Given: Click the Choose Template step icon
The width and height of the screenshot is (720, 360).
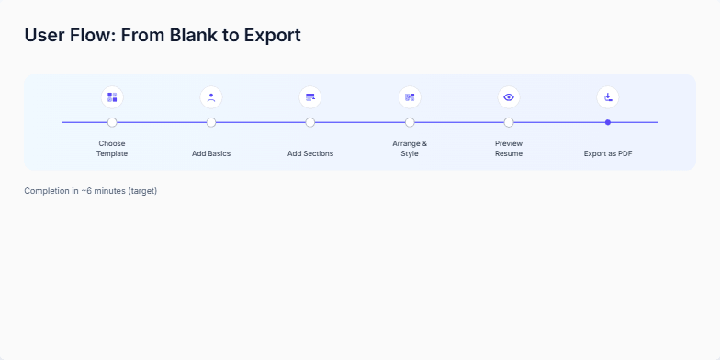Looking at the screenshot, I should click(112, 96).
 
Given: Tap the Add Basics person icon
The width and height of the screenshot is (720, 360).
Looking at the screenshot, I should click(211, 96).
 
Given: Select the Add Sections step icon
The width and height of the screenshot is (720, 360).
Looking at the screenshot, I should click(310, 96).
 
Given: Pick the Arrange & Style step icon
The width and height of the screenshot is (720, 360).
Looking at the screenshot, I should click(410, 96).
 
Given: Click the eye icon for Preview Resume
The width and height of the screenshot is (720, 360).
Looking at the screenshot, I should click(509, 96).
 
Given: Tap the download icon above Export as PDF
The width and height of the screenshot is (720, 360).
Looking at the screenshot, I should click(608, 96).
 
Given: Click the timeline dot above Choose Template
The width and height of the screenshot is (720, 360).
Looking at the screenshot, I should click(112, 122).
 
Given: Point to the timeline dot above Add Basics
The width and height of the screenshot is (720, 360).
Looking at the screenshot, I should click(211, 122).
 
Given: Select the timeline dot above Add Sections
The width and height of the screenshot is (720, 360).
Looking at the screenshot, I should click(310, 122).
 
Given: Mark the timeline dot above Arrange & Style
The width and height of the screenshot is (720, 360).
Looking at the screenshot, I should click(410, 122).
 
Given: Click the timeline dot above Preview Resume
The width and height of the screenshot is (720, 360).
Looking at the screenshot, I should click(509, 122).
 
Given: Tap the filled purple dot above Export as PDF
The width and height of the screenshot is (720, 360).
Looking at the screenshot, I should click(608, 122).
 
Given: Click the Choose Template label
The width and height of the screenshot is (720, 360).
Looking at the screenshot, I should click(112, 148).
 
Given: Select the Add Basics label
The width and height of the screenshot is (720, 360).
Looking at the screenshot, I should click(211, 153).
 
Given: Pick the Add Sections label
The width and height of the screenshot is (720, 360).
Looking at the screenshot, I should click(310, 153).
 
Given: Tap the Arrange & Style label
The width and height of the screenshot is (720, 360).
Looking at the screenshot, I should click(410, 148).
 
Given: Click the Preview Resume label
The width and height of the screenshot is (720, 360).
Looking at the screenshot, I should click(509, 148).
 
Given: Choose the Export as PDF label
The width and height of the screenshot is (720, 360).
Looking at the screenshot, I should click(608, 153).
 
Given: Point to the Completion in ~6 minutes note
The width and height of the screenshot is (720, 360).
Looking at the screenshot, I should click(91, 191).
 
